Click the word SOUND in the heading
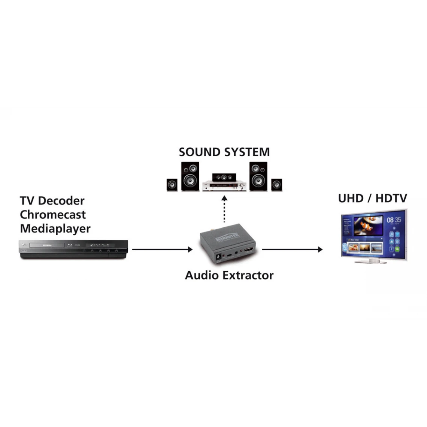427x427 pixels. point(199,152)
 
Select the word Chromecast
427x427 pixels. point(53,215)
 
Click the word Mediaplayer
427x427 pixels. point(55,228)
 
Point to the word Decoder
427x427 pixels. point(61,201)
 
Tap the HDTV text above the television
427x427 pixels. point(391,198)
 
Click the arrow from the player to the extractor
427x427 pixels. point(162,249)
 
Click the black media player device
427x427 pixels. point(74,249)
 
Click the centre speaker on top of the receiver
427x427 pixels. point(224,177)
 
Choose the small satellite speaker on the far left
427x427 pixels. point(172,185)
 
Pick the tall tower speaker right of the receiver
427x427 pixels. point(258,176)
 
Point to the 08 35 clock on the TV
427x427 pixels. point(394,220)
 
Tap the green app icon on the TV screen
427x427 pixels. point(397,249)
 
